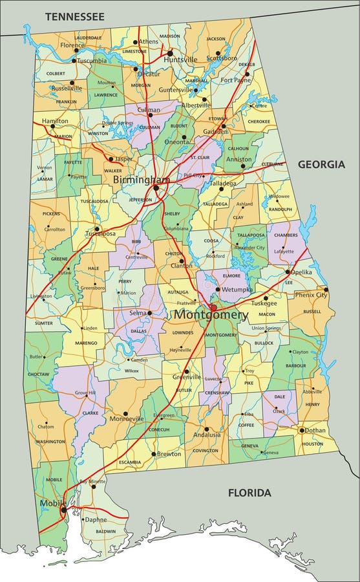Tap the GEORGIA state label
coord(321,164)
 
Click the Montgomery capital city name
coord(210,315)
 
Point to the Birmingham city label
coord(142,179)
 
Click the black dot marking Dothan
coord(301,430)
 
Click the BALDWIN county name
coord(105,532)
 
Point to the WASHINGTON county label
coord(50,442)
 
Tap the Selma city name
coord(137,313)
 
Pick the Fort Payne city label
coord(235,80)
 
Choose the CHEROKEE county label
coord(259,121)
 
